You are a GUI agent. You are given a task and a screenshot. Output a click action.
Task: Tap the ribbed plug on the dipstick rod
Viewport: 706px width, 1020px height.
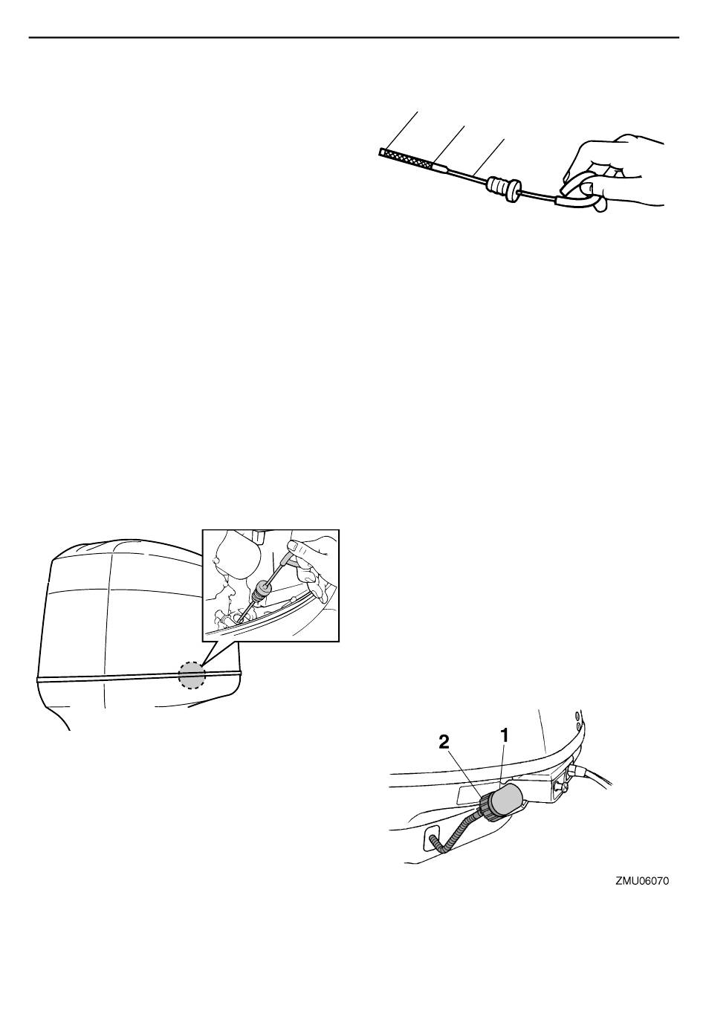click(503, 188)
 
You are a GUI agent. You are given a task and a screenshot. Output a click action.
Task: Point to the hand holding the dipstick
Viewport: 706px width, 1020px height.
click(615, 173)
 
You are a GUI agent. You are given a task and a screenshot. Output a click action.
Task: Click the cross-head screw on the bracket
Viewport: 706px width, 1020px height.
click(563, 787)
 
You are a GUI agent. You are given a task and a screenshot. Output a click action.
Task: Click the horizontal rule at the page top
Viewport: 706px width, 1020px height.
click(354, 37)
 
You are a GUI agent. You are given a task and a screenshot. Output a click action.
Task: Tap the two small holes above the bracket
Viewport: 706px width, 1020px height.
click(578, 720)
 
